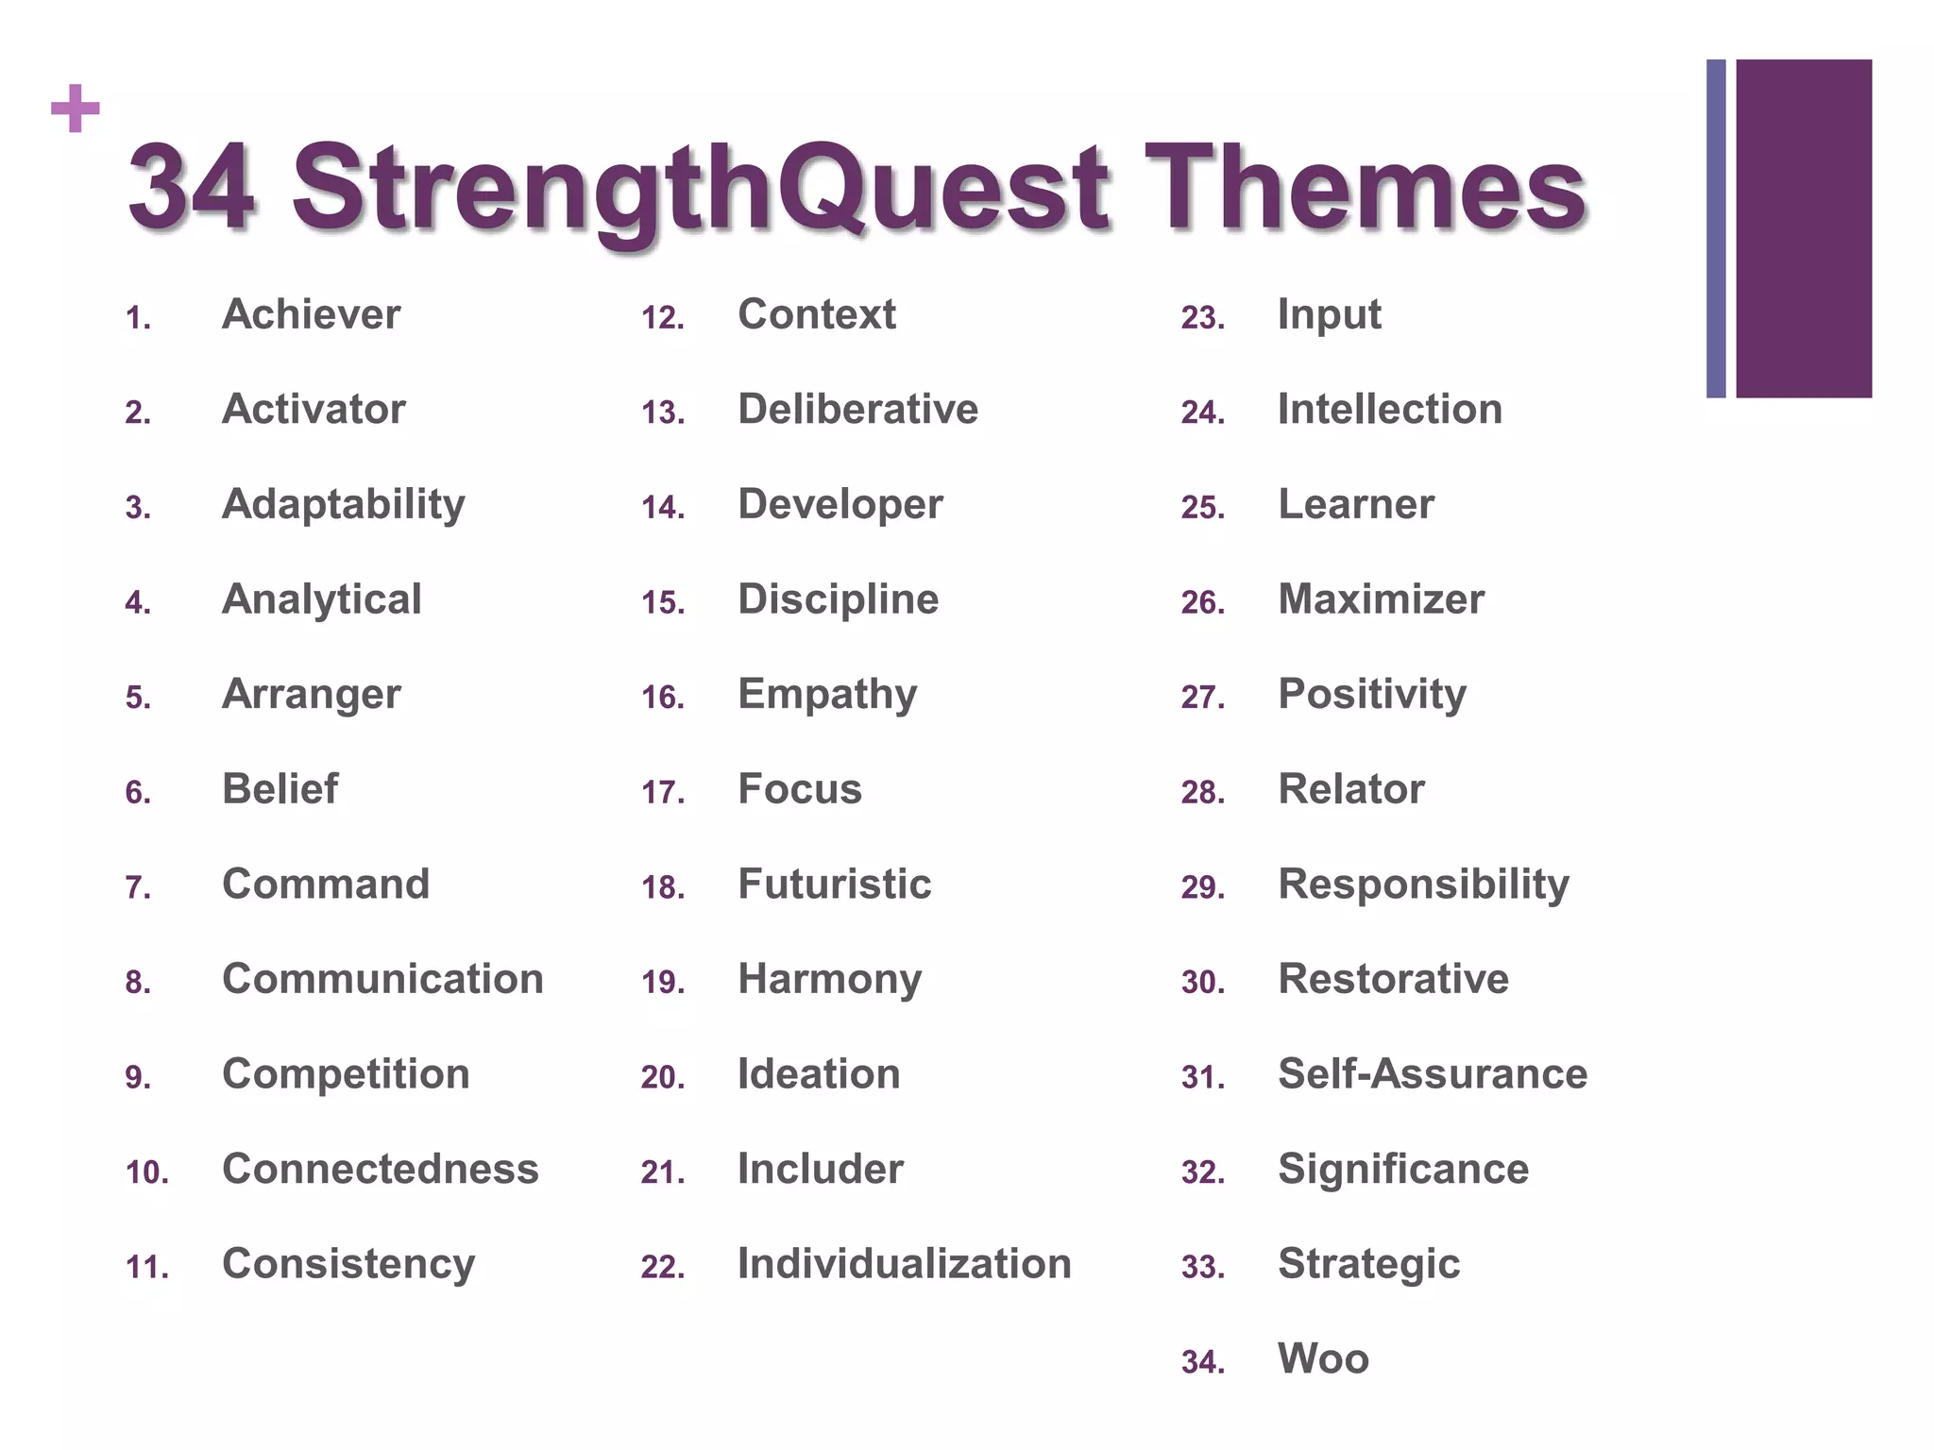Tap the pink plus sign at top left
pos(76,109)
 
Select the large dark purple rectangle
pos(1804,228)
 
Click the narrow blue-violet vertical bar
pos(1716,228)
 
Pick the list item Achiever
pos(311,314)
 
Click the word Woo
pos(1323,1358)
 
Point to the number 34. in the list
pos(1202,1361)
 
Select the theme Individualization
pos(904,1264)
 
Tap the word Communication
pos(382,979)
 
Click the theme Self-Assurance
pos(1432,1074)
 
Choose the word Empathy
pos(827,695)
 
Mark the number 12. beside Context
pos(662,318)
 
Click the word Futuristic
pos(834,885)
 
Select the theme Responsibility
pos(1423,885)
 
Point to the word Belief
pos(280,789)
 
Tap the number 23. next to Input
pos(1202,318)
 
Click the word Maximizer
pos(1381,599)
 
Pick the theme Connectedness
pos(380,1169)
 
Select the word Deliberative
pos(857,410)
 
